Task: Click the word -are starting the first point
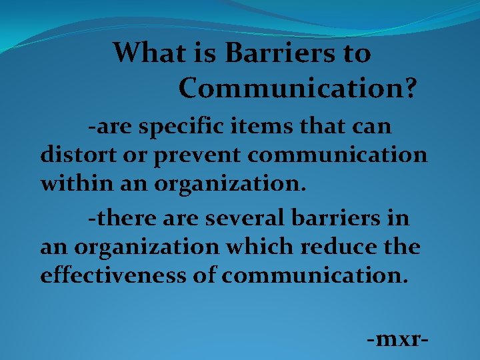(107, 126)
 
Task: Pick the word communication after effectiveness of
(314, 275)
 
